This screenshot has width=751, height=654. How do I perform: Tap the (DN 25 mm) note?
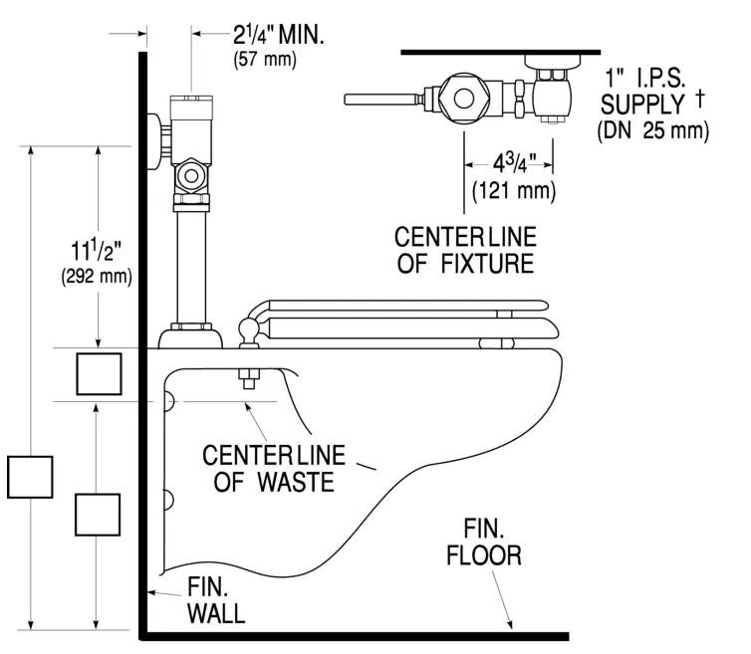tap(653, 129)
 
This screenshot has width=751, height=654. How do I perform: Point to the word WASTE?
tap(291, 482)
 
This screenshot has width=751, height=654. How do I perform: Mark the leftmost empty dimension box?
tap(29, 476)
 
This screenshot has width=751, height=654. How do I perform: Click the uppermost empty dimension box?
tap(99, 373)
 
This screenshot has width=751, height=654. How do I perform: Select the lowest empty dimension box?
tap(99, 514)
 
